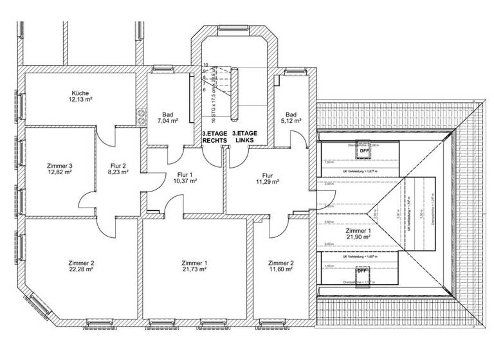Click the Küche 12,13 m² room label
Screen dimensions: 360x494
click(82, 96)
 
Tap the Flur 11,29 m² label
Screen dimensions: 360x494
click(267, 178)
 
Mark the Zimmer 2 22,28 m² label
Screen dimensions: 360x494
click(81, 267)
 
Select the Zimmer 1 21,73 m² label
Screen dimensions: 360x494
click(194, 267)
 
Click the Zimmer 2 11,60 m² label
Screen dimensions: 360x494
click(280, 267)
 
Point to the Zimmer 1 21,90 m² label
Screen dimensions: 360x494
click(358, 234)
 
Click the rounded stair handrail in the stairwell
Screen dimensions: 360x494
click(235, 94)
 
